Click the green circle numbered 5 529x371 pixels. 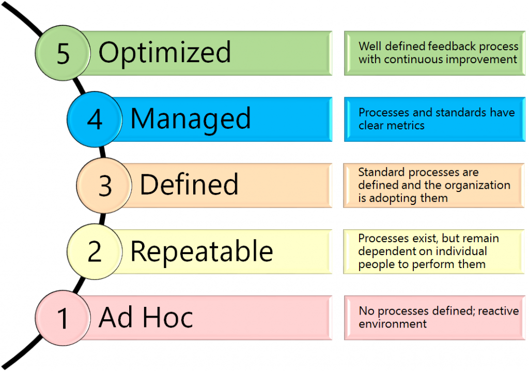point(63,53)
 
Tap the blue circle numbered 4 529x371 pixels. point(95,120)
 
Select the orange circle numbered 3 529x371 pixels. point(104,185)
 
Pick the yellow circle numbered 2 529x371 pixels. point(95,251)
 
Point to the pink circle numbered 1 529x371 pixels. point(63,318)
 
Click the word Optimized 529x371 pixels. point(165,53)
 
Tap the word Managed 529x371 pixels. point(191,120)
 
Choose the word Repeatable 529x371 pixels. point(202,251)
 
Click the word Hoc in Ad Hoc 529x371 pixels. point(168,317)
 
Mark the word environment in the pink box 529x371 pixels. point(393,324)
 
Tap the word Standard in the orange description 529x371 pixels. point(382,172)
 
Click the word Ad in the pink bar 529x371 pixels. point(115,317)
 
